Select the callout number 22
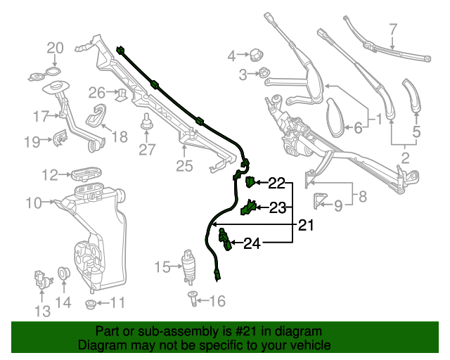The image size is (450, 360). click(276, 184)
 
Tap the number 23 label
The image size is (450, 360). click(278, 207)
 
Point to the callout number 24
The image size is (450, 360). click(252, 244)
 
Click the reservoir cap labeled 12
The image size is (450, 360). click(86, 173)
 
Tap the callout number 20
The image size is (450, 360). click(55, 49)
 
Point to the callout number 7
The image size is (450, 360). click(393, 30)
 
